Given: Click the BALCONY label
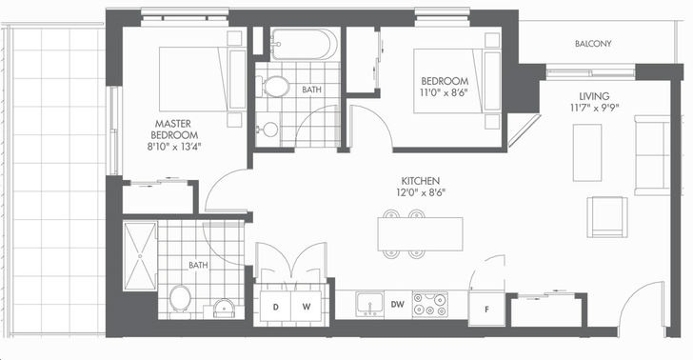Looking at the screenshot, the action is point(593,44).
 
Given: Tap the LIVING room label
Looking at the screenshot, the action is point(594,96).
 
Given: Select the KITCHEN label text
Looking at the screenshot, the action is point(421,181).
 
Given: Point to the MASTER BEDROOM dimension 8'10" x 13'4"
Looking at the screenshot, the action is point(173,147).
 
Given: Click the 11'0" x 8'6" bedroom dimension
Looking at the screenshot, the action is point(445,92).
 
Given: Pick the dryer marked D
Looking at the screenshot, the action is point(275,307).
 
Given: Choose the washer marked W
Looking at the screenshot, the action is point(306,307).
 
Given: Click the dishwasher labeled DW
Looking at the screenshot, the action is point(398,304).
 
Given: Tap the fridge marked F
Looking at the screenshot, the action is point(486,310).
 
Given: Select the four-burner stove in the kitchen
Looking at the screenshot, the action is point(430,304).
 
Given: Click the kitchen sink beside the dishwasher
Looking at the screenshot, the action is point(370,304).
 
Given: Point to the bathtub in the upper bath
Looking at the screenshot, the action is point(304,44).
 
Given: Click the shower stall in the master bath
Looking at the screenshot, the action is point(140,256).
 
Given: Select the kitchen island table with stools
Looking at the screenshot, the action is point(421,234).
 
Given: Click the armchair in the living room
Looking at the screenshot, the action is point(607,217).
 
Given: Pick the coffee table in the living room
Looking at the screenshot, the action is point(587,152).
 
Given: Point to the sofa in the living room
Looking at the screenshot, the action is point(652,155).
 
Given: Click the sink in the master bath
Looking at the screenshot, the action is point(224,309).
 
